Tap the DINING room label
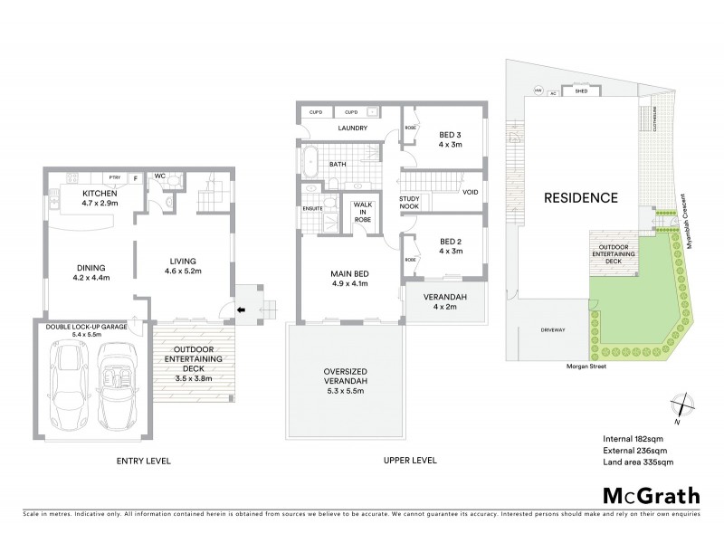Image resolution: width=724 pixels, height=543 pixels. (x=91, y=267)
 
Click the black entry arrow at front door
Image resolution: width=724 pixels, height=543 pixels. (x=239, y=310)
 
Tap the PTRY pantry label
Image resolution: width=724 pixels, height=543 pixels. (x=115, y=177)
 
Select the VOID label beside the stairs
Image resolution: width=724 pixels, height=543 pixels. (x=471, y=193)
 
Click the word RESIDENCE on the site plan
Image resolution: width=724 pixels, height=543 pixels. (x=581, y=197)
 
